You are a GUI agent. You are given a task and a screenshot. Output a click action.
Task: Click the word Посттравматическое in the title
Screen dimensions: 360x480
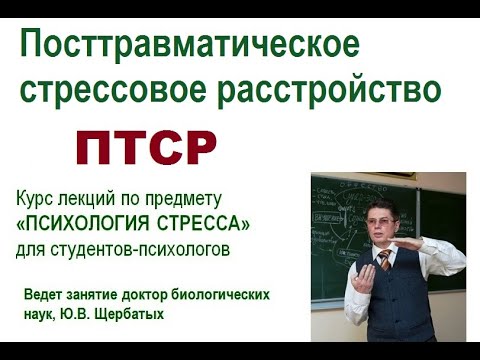click(190, 45)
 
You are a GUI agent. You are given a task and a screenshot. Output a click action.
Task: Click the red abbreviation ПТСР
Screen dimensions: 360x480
click(146, 148)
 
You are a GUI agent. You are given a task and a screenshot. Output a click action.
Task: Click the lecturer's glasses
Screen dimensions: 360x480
click(383, 221)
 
